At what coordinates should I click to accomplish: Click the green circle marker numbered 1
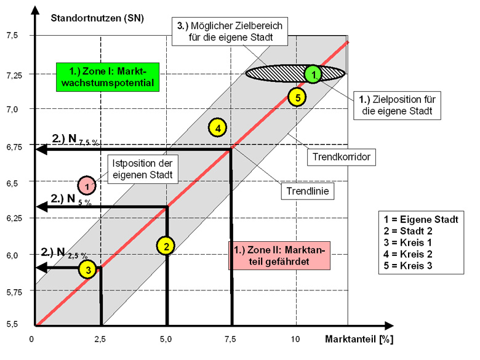click(x=313, y=74)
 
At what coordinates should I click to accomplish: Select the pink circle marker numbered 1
click(x=87, y=185)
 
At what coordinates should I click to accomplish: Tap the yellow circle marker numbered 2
click(x=166, y=246)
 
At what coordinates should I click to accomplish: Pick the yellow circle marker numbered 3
click(x=88, y=269)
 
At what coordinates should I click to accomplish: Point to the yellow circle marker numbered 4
click(x=217, y=127)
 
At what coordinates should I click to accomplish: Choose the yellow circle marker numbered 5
click(x=297, y=97)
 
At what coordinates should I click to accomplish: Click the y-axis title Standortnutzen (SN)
click(x=97, y=17)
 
